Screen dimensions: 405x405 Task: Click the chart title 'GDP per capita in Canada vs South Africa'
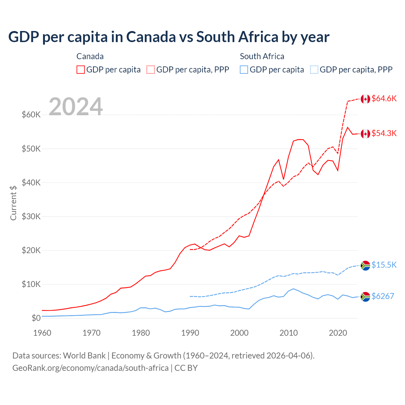click(169, 37)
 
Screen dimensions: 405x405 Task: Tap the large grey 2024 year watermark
click(76, 107)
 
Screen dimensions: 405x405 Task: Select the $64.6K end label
click(384, 98)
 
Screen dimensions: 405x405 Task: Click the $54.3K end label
click(384, 133)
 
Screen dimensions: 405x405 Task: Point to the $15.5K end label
click(384, 265)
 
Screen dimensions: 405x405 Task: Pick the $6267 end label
click(383, 296)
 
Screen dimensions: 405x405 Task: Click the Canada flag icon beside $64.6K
click(365, 99)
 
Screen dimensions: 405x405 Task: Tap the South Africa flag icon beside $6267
click(365, 296)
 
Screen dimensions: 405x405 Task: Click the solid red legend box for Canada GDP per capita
click(81, 70)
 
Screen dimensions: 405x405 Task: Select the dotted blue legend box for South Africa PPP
click(314, 70)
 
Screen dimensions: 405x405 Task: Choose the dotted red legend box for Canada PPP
click(151, 70)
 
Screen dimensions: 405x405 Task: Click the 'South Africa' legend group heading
click(262, 56)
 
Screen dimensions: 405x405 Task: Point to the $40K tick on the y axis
click(31, 183)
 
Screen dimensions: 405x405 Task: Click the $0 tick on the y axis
click(36, 318)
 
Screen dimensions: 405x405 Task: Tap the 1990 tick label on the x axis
click(190, 333)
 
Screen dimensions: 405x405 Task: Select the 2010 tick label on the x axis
click(289, 333)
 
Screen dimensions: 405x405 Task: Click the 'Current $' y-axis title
click(13, 203)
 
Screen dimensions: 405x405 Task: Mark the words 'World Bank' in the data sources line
click(84, 356)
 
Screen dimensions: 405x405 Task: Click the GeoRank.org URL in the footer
click(90, 368)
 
